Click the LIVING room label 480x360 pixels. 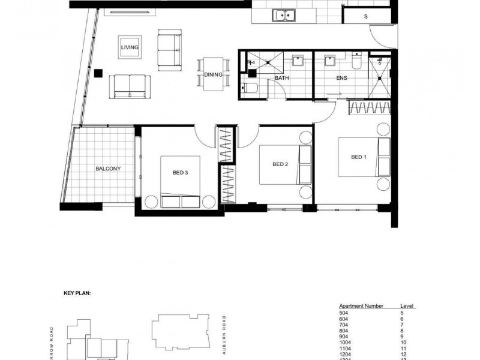click(x=130, y=47)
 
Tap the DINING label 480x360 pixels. click(x=214, y=75)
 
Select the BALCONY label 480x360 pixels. click(x=108, y=169)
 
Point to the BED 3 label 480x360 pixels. click(x=181, y=173)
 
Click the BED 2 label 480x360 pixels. click(x=281, y=164)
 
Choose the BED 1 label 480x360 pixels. click(x=358, y=157)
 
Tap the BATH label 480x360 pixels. click(x=282, y=78)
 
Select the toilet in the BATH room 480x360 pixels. click(x=251, y=89)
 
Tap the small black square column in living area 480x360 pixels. click(x=97, y=73)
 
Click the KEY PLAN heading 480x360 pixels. click(x=77, y=294)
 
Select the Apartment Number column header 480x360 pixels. click(x=359, y=306)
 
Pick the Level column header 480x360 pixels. click(x=407, y=306)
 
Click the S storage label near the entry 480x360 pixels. click(x=365, y=17)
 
